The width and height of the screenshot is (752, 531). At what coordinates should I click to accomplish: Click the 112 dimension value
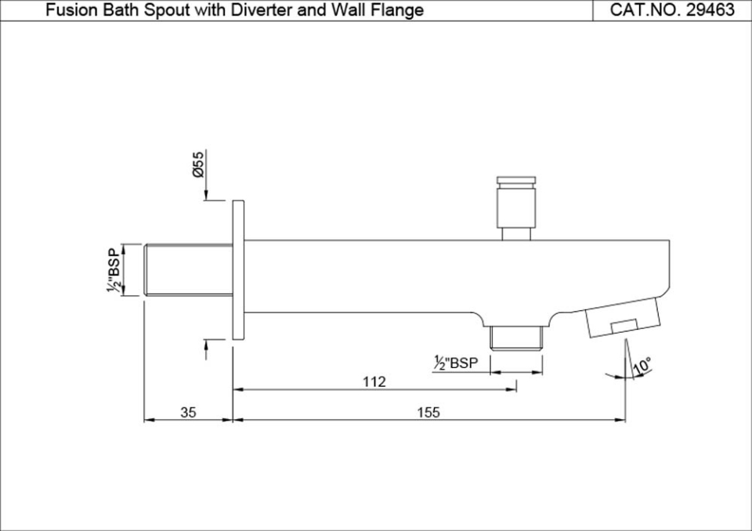(x=374, y=381)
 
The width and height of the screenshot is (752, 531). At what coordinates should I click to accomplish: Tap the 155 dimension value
(x=428, y=413)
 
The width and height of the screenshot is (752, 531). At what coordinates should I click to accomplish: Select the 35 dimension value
(x=188, y=413)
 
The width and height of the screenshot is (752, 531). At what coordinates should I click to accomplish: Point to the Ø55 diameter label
(x=199, y=164)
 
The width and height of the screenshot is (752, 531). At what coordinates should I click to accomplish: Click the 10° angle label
(x=643, y=366)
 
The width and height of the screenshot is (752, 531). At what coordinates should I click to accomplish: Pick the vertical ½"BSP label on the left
(x=115, y=271)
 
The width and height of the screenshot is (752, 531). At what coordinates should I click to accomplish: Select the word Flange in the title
(x=399, y=10)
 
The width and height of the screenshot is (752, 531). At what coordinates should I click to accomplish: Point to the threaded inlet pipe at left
(x=188, y=270)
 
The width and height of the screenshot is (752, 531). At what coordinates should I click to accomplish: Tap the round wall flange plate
(x=238, y=270)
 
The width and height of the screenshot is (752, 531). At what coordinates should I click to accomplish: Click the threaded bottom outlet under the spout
(x=515, y=338)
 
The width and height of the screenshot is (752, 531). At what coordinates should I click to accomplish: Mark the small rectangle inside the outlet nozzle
(x=624, y=325)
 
